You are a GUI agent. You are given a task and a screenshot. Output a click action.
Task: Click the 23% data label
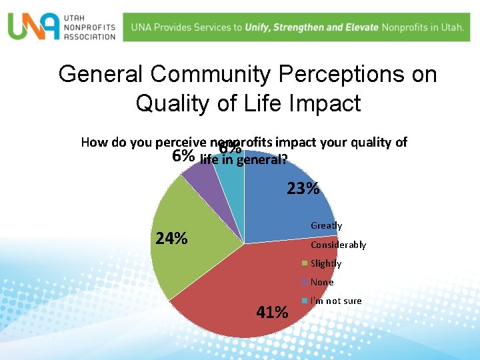(x=303, y=189)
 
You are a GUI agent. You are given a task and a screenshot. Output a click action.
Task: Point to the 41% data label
(x=272, y=312)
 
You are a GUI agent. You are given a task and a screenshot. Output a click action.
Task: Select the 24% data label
(x=171, y=239)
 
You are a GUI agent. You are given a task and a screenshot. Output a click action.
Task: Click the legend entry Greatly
(x=326, y=226)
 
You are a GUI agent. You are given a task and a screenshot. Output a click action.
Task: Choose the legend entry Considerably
(x=338, y=245)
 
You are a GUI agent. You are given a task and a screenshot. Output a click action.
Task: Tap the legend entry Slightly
(x=326, y=263)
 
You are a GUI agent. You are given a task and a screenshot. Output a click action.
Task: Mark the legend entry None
(x=322, y=282)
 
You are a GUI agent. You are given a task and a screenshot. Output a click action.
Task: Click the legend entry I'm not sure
(x=336, y=301)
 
